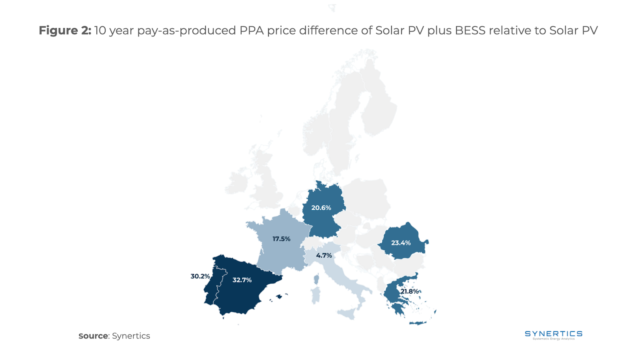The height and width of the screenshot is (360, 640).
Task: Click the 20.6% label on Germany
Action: tap(321, 208)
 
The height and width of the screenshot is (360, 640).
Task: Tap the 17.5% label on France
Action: tap(281, 239)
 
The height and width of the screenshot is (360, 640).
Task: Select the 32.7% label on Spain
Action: tap(242, 280)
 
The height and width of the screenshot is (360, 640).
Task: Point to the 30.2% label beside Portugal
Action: tap(200, 276)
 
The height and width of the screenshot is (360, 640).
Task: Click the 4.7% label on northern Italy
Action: tap(324, 255)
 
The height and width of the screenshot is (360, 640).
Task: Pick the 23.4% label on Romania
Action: tap(401, 243)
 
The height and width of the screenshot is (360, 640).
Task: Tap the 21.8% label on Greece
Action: tap(410, 291)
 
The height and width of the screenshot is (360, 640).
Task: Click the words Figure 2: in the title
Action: tap(65, 30)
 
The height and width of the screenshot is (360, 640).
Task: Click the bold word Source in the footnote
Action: tap(93, 336)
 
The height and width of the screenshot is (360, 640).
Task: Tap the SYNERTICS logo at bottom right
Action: tap(554, 335)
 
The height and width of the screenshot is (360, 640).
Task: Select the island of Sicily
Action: tap(347, 313)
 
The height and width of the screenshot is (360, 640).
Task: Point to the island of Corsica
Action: tap(316, 279)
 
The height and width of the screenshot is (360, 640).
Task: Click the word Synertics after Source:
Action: tap(131, 336)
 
